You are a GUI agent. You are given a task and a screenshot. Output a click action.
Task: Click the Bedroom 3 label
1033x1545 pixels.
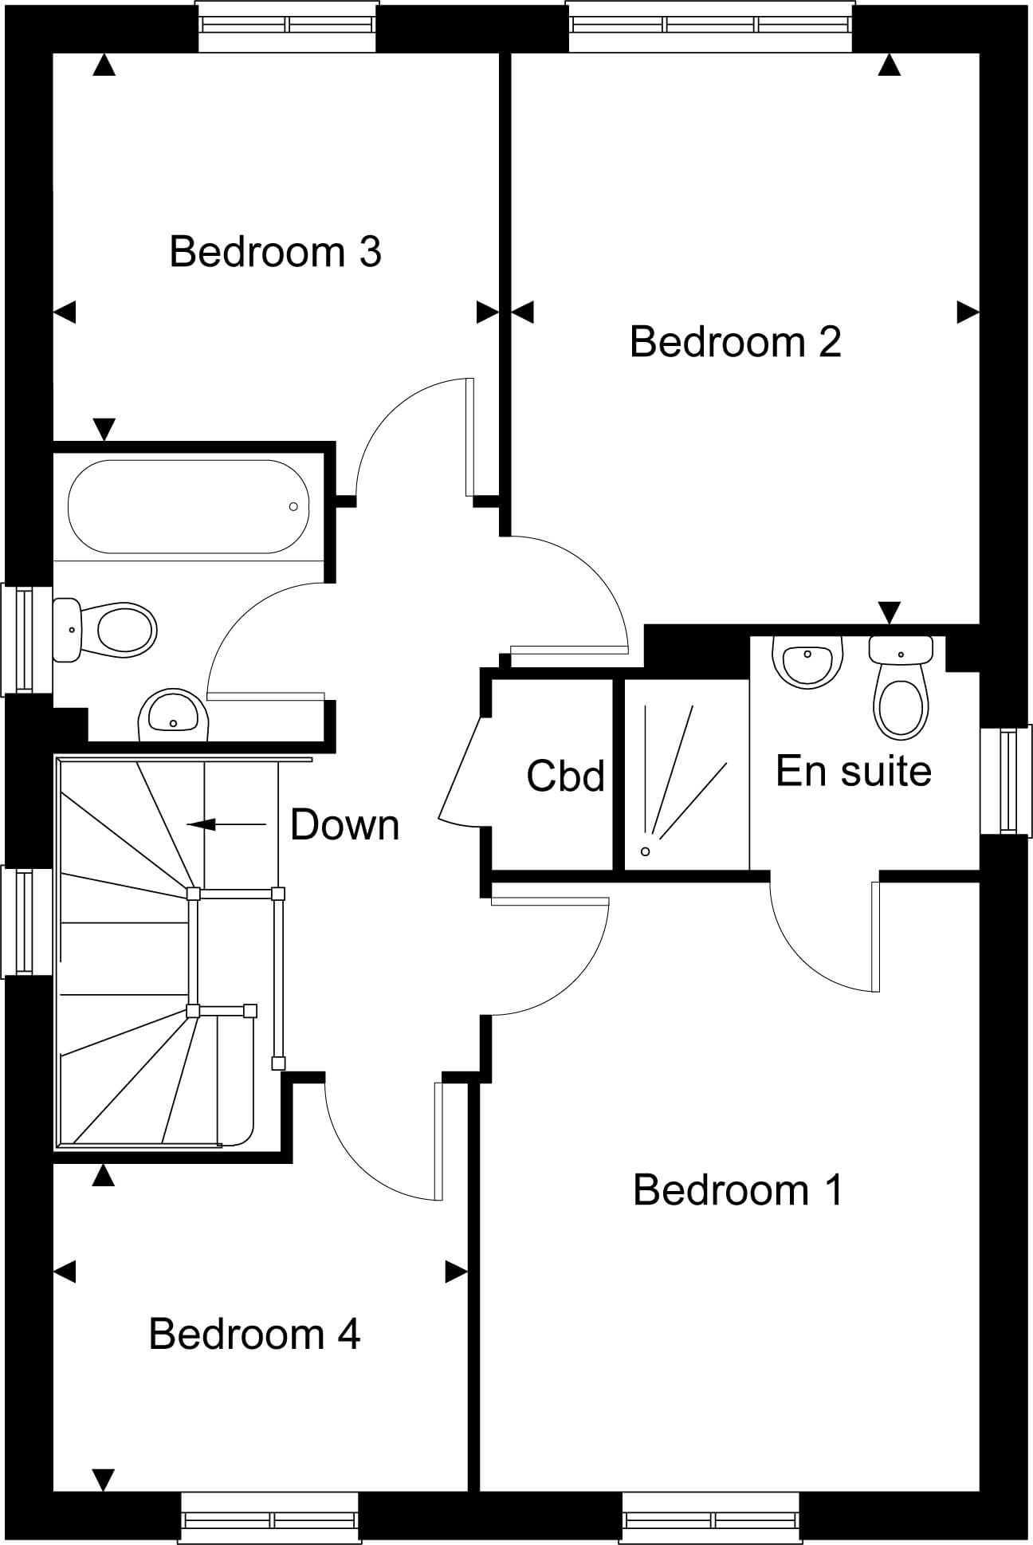[x=275, y=252]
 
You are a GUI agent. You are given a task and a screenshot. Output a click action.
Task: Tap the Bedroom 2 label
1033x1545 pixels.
[x=735, y=342]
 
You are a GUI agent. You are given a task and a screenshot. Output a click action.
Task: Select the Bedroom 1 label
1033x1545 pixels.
[x=737, y=1190]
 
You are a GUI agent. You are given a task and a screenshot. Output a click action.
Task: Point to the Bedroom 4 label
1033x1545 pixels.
[x=254, y=1334]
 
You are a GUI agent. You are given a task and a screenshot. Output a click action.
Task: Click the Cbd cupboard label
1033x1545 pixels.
[x=566, y=776]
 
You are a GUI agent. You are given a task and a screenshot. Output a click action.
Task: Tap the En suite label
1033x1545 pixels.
[x=854, y=771]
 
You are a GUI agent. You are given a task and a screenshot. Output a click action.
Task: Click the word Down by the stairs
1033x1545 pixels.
[x=344, y=825]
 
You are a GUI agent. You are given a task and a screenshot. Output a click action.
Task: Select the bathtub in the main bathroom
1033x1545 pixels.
[x=188, y=506]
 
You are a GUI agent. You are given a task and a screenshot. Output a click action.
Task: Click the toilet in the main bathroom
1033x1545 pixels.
[x=104, y=630]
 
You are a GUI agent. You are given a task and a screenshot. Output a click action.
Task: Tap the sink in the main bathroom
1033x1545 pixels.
[x=173, y=714]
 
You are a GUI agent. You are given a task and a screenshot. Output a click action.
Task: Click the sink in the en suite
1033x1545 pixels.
[x=807, y=661]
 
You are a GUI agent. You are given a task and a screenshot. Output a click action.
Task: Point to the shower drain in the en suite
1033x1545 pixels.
[x=646, y=851]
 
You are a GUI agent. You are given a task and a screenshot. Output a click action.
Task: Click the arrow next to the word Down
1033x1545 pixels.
[x=226, y=824]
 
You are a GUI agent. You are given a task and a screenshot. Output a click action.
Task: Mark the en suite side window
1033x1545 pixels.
[x=1007, y=780]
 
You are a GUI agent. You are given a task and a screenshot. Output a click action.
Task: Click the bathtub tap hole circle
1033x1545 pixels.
[x=293, y=507]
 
